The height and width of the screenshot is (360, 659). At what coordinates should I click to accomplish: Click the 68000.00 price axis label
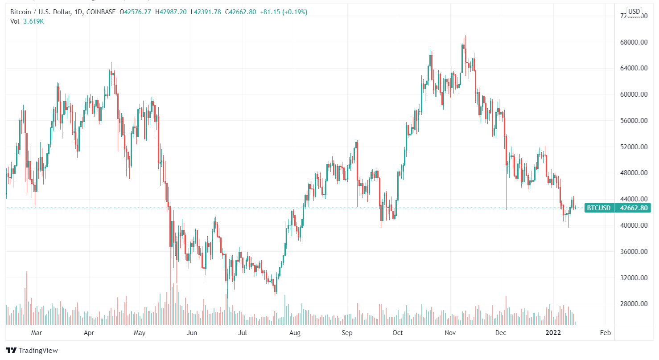point(633,42)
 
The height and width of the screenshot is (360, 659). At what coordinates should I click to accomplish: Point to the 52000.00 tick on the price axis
point(633,147)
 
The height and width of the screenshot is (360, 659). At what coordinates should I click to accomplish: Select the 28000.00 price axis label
point(633,304)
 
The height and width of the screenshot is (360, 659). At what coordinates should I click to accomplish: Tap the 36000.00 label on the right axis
point(633,252)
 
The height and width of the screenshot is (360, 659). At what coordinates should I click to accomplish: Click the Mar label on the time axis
point(37,333)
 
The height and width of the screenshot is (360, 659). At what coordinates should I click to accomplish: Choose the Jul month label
point(243,333)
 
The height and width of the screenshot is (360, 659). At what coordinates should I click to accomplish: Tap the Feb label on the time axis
point(605,333)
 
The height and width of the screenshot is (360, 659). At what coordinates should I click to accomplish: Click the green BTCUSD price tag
point(598,208)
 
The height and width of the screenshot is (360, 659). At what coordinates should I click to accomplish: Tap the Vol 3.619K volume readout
point(28,21)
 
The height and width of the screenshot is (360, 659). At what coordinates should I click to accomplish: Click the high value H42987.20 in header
point(171,12)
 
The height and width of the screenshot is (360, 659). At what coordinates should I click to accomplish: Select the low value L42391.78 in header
point(206,12)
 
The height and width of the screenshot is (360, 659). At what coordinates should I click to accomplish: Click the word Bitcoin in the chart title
point(21,12)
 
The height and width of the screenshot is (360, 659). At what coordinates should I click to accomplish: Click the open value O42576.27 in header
point(136,12)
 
